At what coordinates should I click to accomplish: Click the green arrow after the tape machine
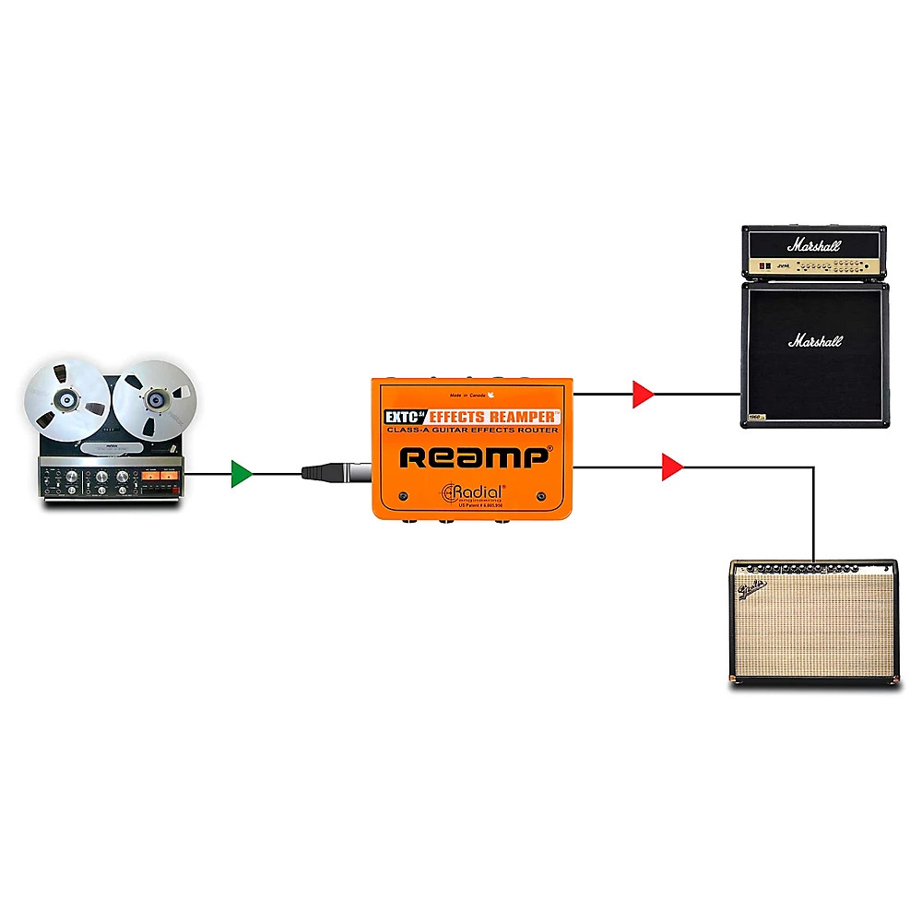pyautogui.click(x=242, y=474)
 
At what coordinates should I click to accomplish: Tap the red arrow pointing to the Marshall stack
pyautogui.click(x=643, y=395)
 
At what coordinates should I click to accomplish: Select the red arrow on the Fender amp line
pyautogui.click(x=672, y=467)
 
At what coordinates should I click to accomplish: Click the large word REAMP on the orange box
pyautogui.click(x=475, y=456)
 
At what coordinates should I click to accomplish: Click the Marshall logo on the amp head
pyautogui.click(x=814, y=246)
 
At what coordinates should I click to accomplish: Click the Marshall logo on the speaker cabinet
pyautogui.click(x=814, y=341)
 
